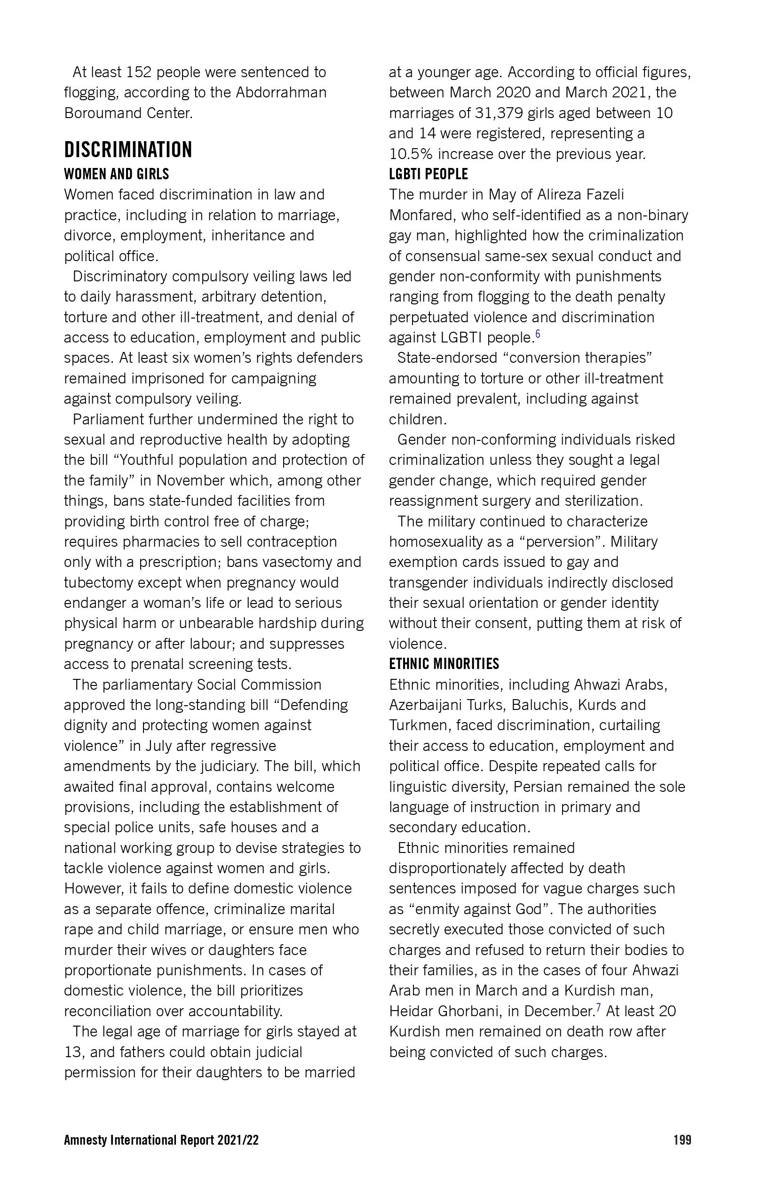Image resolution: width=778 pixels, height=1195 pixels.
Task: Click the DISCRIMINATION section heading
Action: tap(128, 150)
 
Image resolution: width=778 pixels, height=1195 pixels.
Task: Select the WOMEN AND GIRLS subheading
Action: tap(117, 174)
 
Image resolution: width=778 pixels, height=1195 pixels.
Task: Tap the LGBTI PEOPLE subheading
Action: tap(428, 174)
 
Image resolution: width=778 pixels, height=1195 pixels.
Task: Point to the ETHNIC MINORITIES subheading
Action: tap(444, 664)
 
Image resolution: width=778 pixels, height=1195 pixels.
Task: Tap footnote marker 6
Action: tap(538, 334)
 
